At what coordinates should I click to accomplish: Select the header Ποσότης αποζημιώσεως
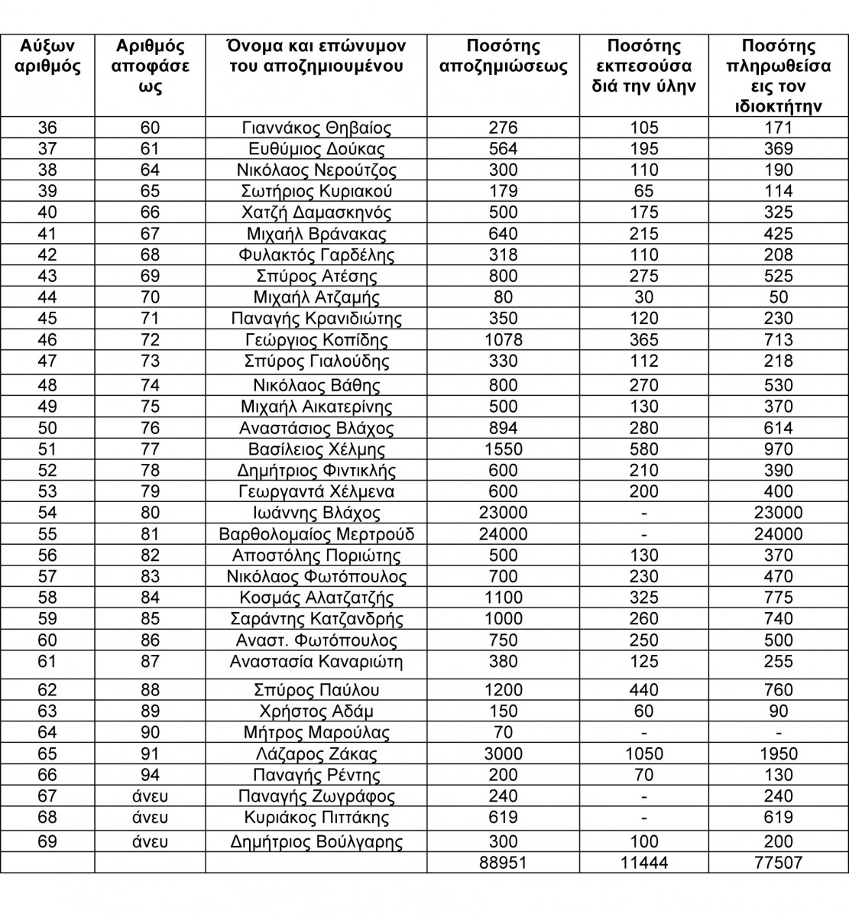point(503,57)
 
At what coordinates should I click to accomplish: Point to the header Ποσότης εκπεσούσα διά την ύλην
point(643,66)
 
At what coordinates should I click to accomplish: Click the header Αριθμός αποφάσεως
point(150,66)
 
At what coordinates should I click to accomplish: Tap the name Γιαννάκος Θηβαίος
point(316,128)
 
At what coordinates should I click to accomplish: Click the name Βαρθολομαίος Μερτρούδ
point(316,534)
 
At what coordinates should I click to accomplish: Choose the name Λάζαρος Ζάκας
point(316,754)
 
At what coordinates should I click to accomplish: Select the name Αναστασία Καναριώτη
point(316,662)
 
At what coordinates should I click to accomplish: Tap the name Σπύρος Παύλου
point(316,690)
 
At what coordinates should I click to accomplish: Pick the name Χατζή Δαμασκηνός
point(316,212)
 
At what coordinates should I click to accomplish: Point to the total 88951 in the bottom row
point(503,863)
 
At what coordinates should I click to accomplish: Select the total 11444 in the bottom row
point(643,863)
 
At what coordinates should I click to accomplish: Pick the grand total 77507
point(778,863)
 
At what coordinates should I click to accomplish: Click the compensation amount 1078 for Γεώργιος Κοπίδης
point(503,340)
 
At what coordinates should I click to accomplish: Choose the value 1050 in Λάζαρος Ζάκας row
point(643,754)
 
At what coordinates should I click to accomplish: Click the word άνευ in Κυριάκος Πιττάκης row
point(150,818)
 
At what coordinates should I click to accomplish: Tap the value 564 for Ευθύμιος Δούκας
point(503,149)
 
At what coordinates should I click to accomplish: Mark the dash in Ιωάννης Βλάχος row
point(643,514)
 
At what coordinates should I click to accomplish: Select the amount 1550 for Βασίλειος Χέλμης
point(503,449)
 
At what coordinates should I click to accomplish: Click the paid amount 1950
point(778,754)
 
